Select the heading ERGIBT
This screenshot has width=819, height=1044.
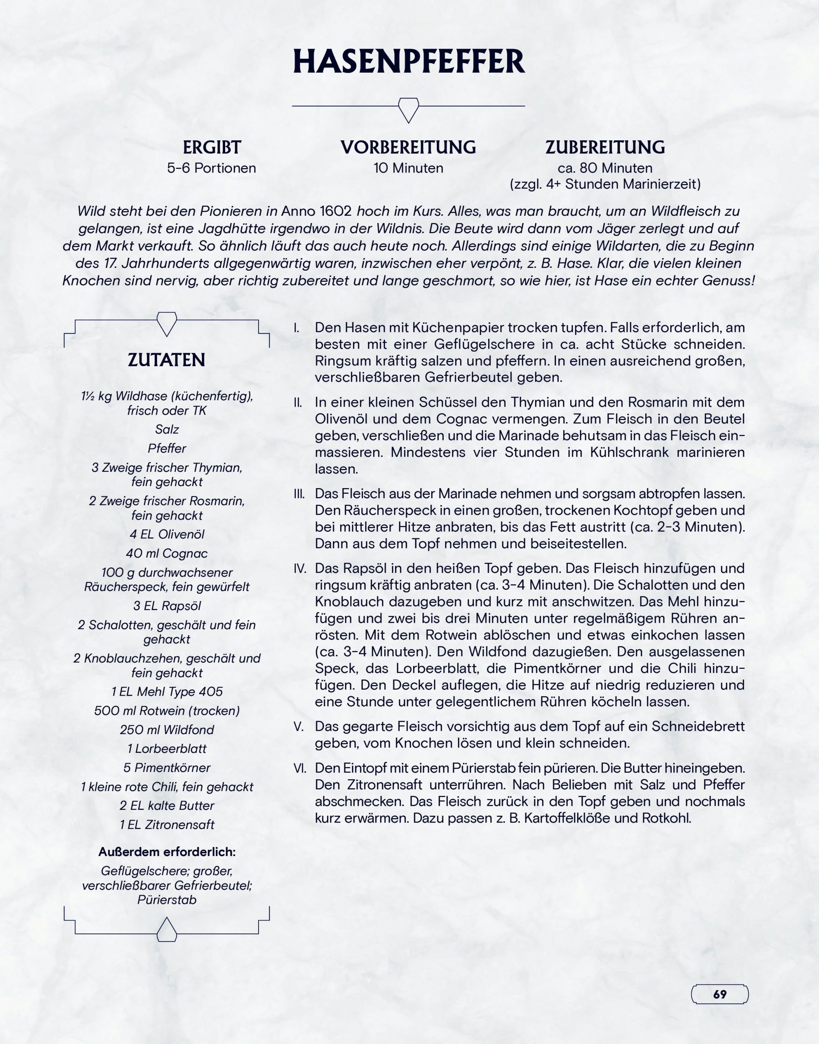coord(211,147)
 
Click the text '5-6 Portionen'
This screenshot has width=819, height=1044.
coord(211,168)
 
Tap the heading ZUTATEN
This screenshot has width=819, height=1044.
coord(166,360)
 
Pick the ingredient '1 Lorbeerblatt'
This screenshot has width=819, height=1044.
coord(167,749)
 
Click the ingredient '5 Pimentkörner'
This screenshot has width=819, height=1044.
coord(167,768)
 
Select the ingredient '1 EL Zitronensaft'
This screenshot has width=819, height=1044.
coord(167,825)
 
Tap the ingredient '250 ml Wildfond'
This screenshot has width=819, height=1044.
coord(167,730)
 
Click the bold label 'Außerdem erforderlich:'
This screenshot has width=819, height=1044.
coord(167,852)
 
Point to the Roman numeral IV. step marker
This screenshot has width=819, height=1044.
coord(300,568)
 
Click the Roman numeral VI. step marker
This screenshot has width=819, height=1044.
coord(300,768)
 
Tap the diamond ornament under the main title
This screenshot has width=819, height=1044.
coord(409,109)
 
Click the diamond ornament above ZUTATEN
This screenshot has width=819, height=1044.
coord(167,323)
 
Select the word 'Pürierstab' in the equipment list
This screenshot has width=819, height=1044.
coord(167,900)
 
